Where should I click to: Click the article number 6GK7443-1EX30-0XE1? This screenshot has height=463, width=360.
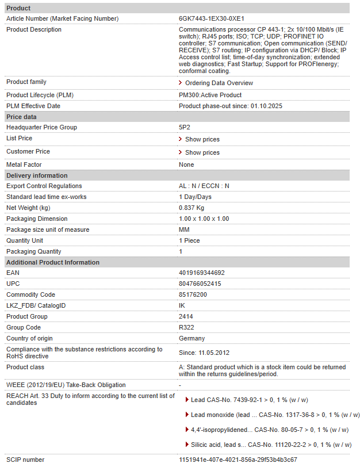point(211,18)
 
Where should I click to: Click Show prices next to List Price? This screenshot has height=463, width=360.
point(202,139)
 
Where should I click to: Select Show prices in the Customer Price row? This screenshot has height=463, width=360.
point(202,152)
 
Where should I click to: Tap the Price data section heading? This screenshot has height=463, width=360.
point(21,117)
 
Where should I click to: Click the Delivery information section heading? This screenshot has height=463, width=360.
point(37,175)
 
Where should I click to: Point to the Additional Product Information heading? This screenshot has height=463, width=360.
point(53,262)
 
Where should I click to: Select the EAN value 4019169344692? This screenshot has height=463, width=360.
point(202,273)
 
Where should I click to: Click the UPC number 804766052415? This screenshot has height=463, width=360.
point(200,284)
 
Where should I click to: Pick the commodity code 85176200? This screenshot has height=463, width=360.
point(193,294)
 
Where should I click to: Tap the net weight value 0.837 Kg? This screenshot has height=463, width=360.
point(192,208)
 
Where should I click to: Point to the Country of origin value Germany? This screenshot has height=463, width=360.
point(192,338)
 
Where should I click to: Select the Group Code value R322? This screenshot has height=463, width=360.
point(186,327)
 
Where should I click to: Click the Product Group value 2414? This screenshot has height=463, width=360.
point(186,316)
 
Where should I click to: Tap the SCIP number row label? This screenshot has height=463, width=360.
point(25,460)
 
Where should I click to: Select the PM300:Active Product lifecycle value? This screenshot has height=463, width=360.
point(210,95)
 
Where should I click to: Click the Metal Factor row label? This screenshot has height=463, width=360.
point(24,164)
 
